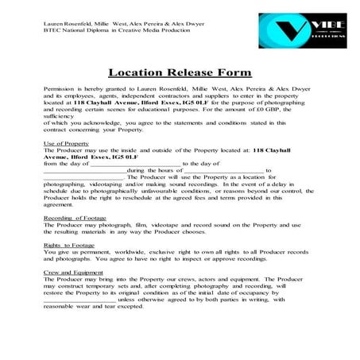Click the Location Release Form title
coord(180,71)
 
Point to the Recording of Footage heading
coord(74,217)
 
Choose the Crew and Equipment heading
coord(73,273)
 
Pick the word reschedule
coord(149,199)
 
